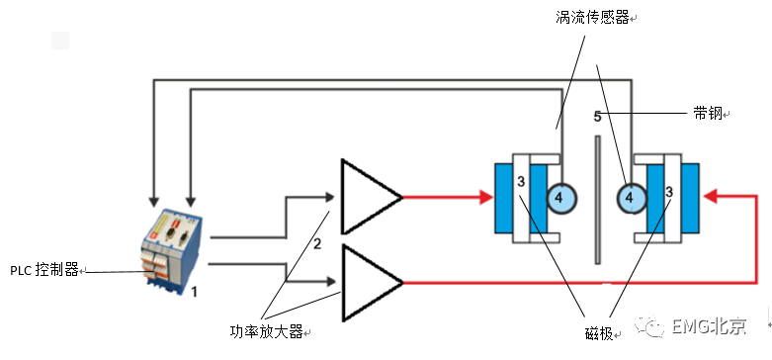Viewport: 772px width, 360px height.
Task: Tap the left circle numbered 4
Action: [x=558, y=199]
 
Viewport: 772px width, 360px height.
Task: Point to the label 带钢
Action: [x=707, y=114]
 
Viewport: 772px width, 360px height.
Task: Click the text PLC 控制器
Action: [x=44, y=270]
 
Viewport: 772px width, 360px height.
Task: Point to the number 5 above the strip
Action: [x=597, y=117]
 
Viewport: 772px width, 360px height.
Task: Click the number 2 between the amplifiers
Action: [x=317, y=243]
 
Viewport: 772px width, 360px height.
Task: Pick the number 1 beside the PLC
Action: [x=195, y=292]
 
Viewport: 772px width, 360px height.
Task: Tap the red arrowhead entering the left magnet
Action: [x=485, y=197]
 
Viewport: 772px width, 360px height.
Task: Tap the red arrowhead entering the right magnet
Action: [x=709, y=197]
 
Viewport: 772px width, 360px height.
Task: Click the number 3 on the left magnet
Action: [x=520, y=183]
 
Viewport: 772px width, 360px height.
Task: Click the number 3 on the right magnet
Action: [x=669, y=192]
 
